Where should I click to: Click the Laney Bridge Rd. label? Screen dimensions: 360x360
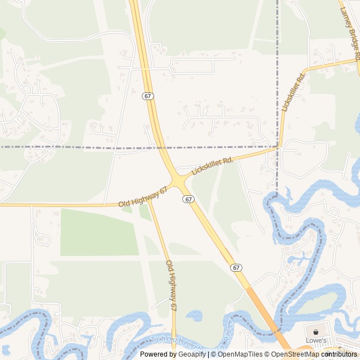(x=349, y=30)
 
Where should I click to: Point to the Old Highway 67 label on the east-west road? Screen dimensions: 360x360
(x=143, y=197)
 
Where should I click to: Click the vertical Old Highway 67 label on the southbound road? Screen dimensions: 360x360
(x=171, y=285)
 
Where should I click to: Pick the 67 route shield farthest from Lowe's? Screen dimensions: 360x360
(x=147, y=96)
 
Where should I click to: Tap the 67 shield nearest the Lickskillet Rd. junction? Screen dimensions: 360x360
(x=188, y=199)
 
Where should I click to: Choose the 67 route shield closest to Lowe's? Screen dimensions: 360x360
(x=237, y=268)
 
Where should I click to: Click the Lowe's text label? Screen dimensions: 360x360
(x=316, y=340)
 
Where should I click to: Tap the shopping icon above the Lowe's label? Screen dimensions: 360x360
(x=316, y=332)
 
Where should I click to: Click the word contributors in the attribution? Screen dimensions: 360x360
(x=340, y=354)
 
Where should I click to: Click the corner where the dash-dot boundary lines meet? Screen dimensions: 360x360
(x=277, y=147)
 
